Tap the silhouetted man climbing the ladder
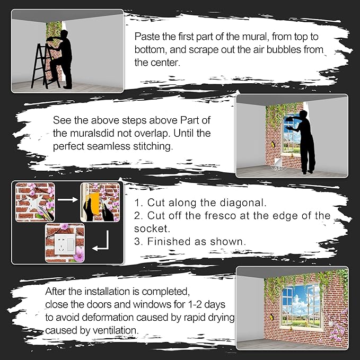[60, 59]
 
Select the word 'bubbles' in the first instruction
[283, 50]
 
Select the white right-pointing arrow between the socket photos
[67, 199]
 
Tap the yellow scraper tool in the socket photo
[92, 203]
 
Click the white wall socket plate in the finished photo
[65, 244]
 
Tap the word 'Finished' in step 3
[169, 241]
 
